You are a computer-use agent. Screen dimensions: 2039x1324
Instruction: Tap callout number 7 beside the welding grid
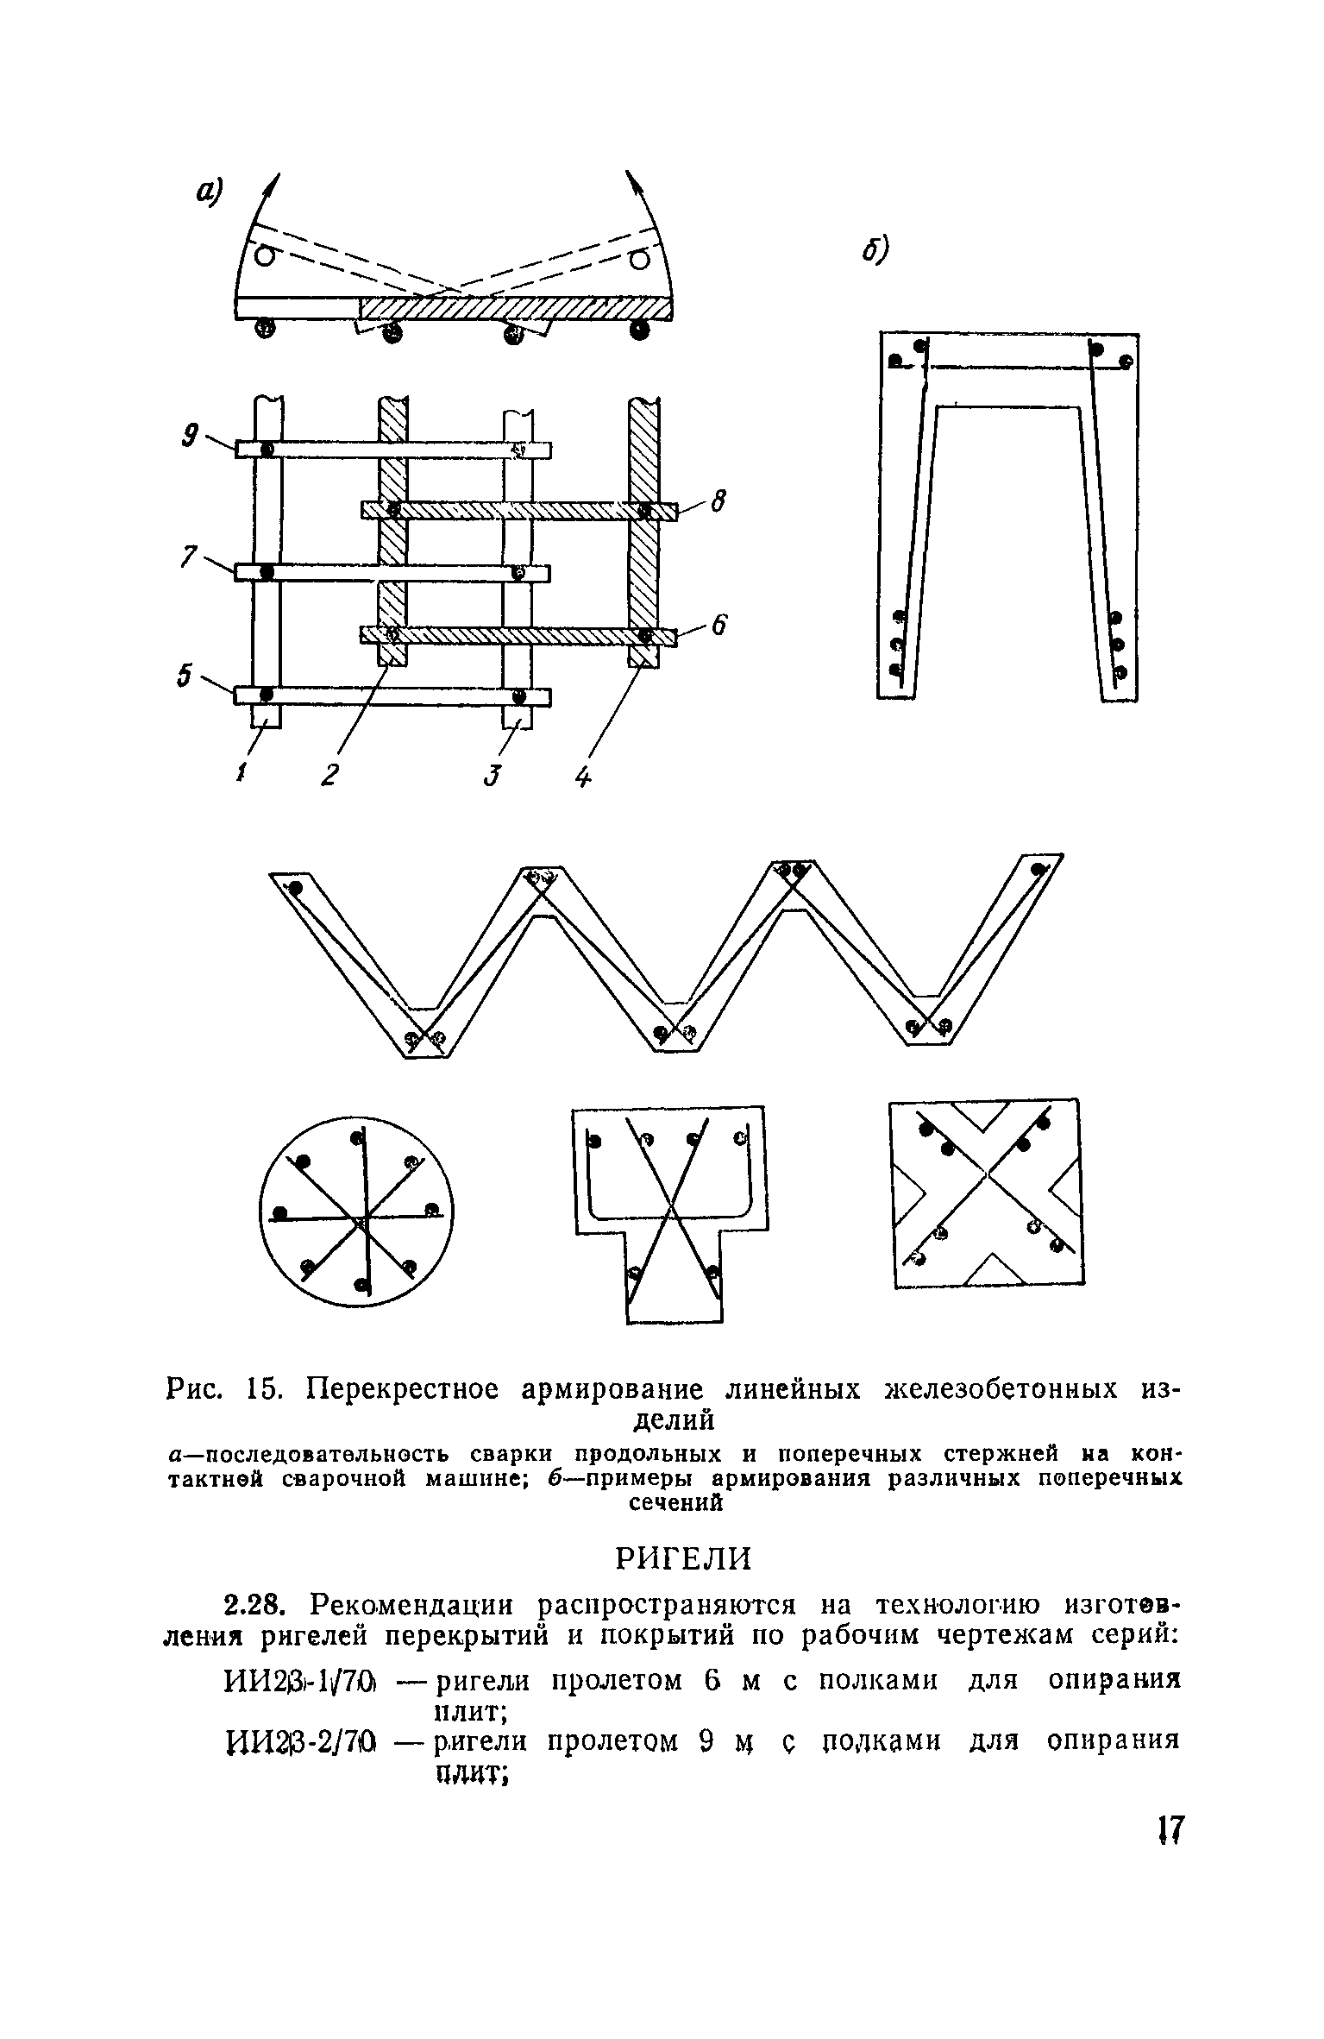[186, 557]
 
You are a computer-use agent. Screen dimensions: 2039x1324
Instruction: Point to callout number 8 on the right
[718, 500]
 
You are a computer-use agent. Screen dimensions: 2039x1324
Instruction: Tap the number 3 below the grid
[492, 775]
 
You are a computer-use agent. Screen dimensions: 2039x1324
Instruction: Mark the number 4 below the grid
[583, 777]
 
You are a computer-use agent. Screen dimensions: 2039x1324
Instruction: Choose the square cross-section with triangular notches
[987, 1193]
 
